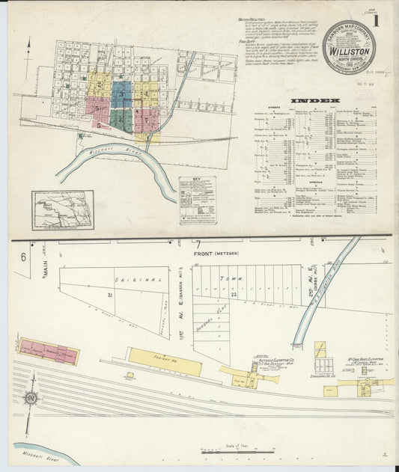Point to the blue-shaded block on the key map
[x=122, y=94]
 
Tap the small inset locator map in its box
[x=62, y=209]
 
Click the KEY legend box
[x=197, y=200]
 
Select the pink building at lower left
[x=49, y=352]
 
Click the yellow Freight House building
[x=164, y=361]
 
